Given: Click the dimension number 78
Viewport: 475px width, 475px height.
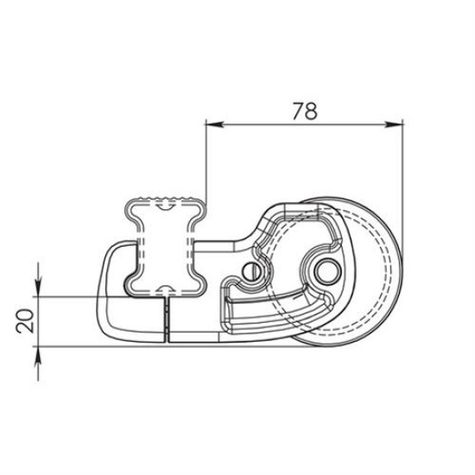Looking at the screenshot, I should coord(303,111).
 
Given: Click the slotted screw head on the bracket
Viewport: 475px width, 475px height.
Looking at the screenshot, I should coord(252,269).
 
